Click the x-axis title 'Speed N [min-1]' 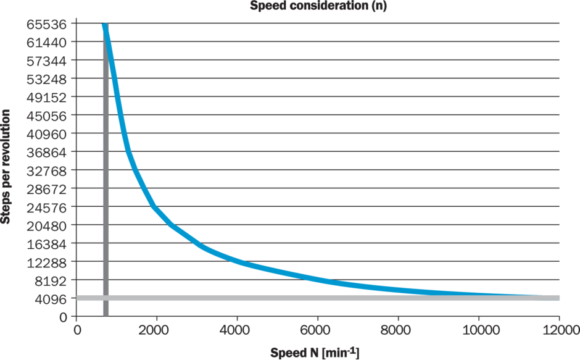click(x=315, y=353)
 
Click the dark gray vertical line click(x=106, y=185)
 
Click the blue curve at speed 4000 click(x=238, y=261)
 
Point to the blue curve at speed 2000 click(x=157, y=208)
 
